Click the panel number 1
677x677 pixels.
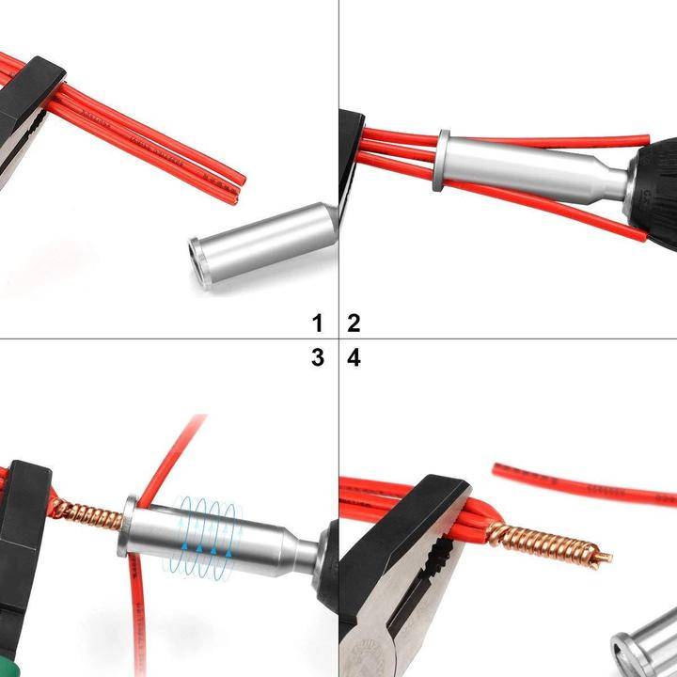click(318, 323)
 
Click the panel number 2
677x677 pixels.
click(354, 323)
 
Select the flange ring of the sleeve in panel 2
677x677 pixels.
click(439, 161)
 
